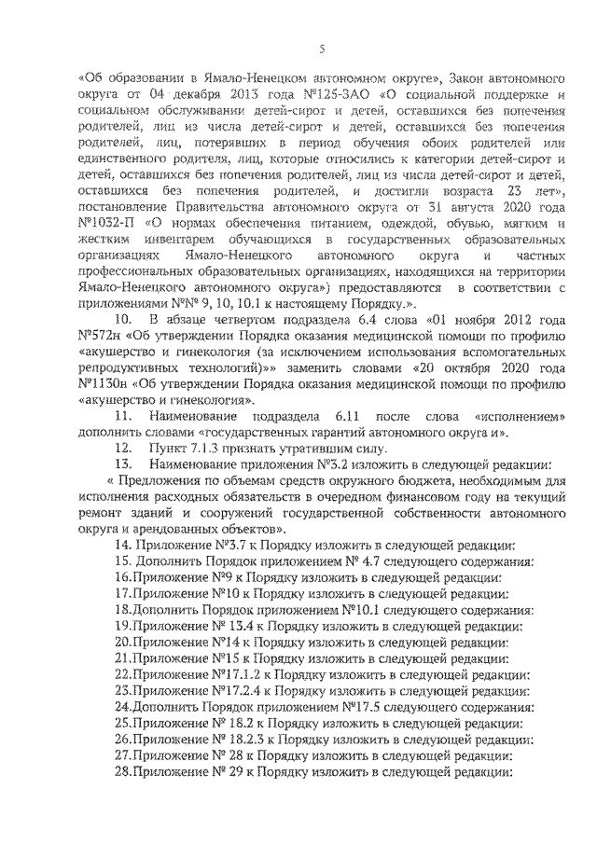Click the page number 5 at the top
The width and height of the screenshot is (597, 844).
(321, 48)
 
